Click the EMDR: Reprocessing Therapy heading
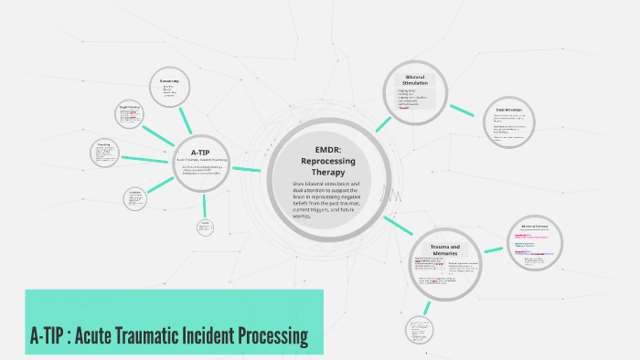321,159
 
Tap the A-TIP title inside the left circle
201,153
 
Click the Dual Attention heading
508,109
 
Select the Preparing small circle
105,152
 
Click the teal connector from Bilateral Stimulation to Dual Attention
463,110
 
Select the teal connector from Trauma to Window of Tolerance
494,249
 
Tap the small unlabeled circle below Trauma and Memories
420,330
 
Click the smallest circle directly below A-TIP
206,226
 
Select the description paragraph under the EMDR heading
321,200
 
